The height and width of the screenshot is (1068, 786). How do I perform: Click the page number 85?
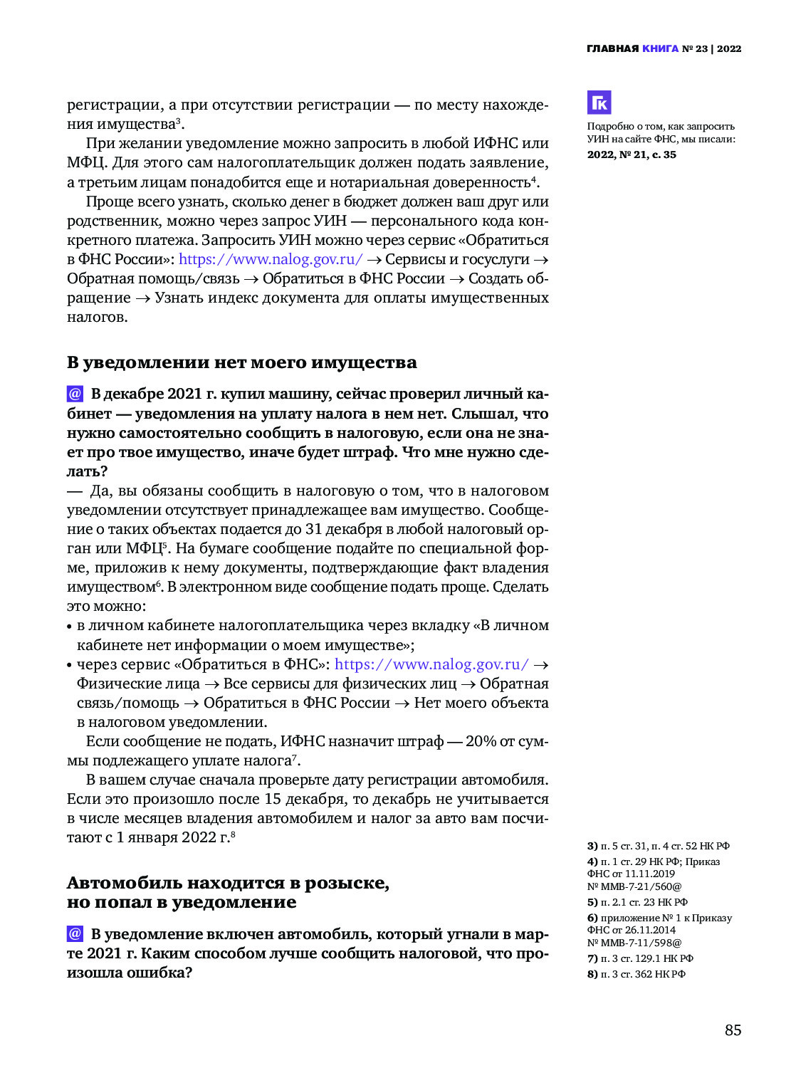tap(733, 1030)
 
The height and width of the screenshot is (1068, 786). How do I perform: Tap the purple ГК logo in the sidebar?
tap(599, 103)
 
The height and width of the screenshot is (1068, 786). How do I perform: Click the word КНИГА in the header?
tap(660, 48)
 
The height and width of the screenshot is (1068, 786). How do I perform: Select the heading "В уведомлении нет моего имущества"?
tap(241, 362)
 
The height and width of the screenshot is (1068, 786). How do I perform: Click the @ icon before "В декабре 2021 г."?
tap(75, 394)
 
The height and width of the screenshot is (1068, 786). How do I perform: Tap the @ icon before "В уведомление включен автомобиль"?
tap(75, 933)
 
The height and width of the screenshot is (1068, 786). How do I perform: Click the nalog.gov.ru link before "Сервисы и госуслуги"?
tap(271, 259)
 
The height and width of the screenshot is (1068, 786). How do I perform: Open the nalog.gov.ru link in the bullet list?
tap(431, 664)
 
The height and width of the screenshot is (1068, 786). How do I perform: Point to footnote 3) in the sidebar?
tap(658, 846)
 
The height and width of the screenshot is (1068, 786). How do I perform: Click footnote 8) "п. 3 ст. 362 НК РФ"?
tap(636, 974)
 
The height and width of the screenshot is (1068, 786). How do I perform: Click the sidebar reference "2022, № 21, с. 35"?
tap(632, 155)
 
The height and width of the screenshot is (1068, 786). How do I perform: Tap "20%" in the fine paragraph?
tap(481, 741)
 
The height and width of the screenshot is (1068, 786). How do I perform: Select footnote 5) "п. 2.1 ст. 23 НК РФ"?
tap(637, 902)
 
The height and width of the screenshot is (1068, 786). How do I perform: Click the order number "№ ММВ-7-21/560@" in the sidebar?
tap(634, 886)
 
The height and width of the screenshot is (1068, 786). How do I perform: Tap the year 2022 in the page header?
tap(729, 48)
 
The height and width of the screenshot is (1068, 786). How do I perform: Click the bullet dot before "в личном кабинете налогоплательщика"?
tap(70, 627)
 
